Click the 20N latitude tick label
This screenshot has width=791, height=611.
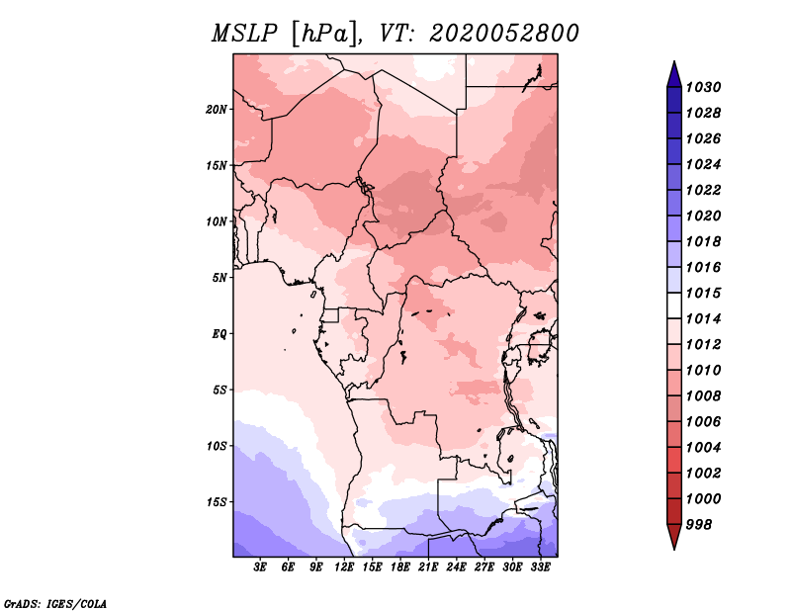[x=217, y=110]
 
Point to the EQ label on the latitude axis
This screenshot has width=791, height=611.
[x=220, y=334]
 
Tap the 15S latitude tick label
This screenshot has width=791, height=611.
[x=217, y=502]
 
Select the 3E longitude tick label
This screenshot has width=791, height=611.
[x=260, y=567]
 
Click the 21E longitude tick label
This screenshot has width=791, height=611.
[x=428, y=567]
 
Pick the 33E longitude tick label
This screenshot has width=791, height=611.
[x=540, y=567]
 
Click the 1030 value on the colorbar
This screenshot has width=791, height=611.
[x=704, y=87]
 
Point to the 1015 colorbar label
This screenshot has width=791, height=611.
[x=704, y=293]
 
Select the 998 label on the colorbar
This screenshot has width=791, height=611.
[x=699, y=525]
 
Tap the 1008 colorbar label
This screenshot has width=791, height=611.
[x=704, y=396]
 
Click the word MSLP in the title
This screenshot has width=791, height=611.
[x=244, y=34]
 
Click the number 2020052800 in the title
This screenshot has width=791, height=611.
[x=504, y=34]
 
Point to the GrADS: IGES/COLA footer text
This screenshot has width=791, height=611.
[x=55, y=604]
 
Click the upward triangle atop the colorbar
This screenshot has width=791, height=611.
[x=674, y=74]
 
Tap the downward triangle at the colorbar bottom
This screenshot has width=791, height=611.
[x=674, y=537]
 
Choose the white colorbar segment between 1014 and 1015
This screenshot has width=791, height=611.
[x=674, y=305]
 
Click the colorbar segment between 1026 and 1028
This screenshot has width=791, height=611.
[x=674, y=126]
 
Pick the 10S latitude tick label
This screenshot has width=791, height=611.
[x=217, y=446]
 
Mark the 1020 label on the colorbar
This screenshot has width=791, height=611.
[x=704, y=216]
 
